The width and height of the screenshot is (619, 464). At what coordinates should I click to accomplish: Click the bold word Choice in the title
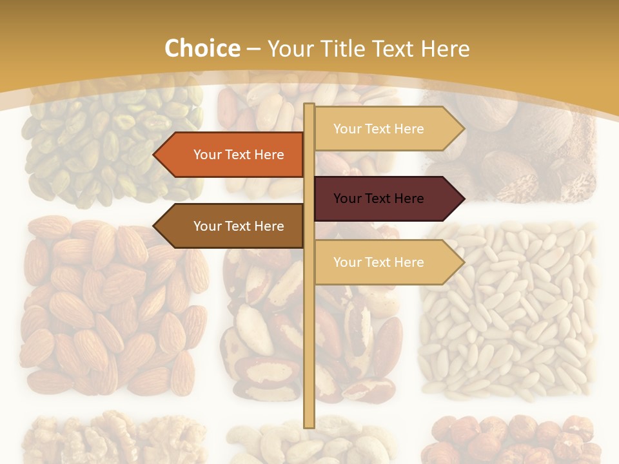pyautogui.click(x=202, y=48)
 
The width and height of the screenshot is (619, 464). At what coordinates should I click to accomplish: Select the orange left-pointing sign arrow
pyautogui.click(x=229, y=155)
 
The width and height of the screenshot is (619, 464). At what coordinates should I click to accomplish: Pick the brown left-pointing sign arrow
pyautogui.click(x=229, y=226)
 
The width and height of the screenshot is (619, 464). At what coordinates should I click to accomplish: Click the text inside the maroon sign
pyautogui.click(x=378, y=198)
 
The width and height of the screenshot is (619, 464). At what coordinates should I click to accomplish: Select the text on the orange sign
pyautogui.click(x=239, y=155)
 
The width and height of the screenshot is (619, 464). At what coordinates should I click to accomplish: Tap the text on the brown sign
pyautogui.click(x=239, y=226)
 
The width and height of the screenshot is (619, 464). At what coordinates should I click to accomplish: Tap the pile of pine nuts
pyautogui.click(x=509, y=309)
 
